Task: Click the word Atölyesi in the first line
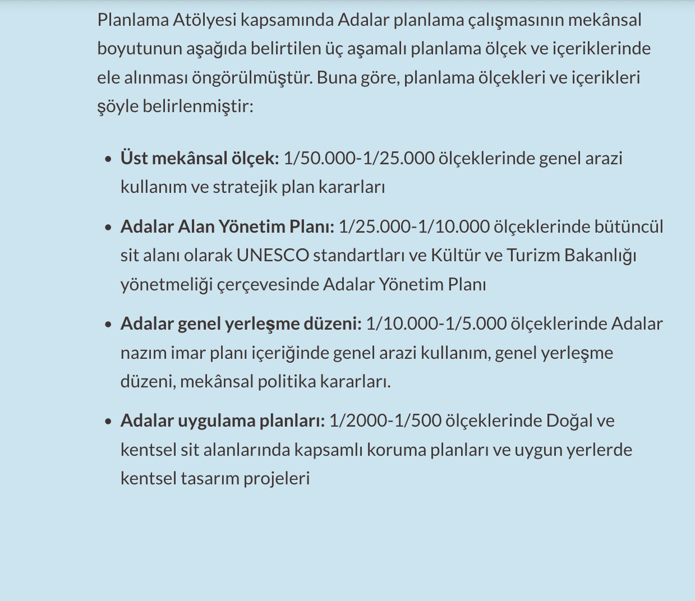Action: [x=204, y=20]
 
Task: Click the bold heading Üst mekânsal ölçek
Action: [x=199, y=158]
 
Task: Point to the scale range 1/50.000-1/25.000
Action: [x=359, y=158]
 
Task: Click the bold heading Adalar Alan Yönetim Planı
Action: [x=227, y=226]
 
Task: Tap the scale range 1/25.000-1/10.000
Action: [x=414, y=226]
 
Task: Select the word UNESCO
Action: [x=273, y=256]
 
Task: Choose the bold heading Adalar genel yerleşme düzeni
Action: [x=241, y=324]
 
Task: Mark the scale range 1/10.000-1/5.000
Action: [x=436, y=324]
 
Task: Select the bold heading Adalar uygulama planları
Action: [x=223, y=420]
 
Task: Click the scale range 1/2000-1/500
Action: [x=385, y=420]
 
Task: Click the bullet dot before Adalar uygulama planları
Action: [x=108, y=422]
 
